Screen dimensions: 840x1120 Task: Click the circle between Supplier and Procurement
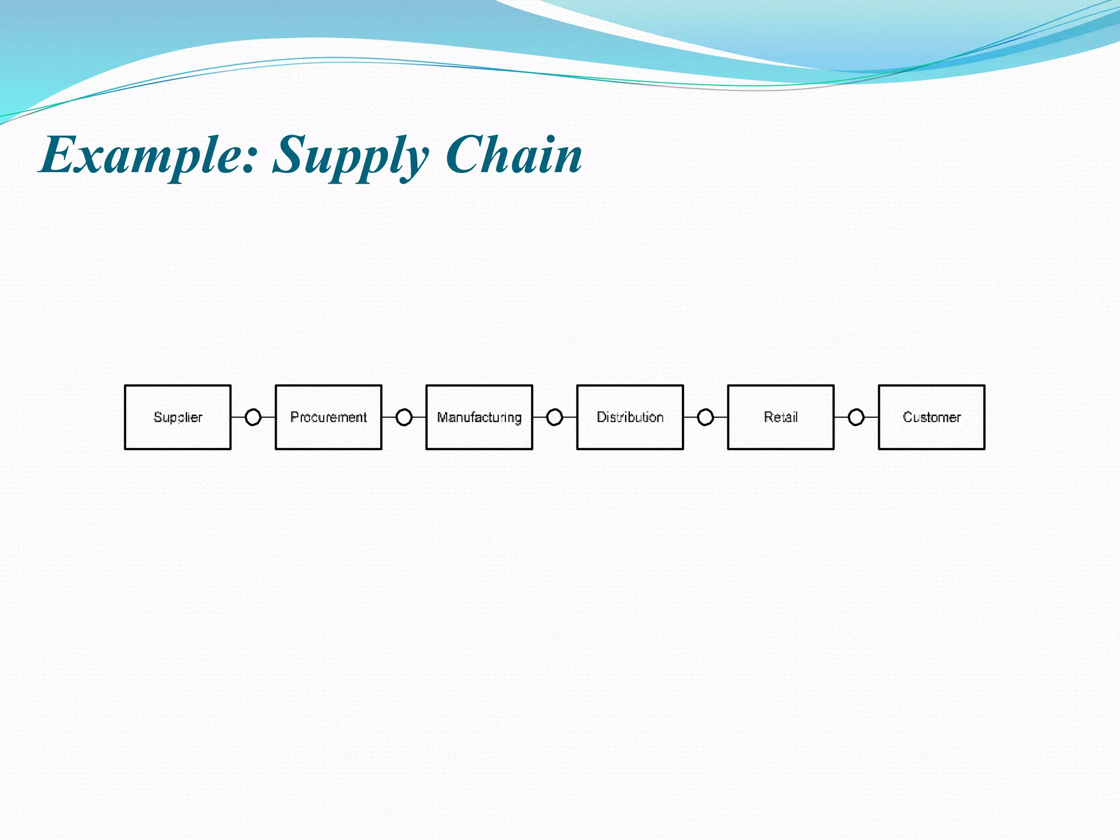click(x=253, y=417)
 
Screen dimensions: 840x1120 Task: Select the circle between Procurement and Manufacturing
click(x=404, y=417)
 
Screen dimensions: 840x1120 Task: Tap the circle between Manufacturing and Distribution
click(x=555, y=417)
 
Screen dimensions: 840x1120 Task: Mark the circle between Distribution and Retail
click(x=705, y=417)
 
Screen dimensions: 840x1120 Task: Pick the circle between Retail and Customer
click(x=856, y=417)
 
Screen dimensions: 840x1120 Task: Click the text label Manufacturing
click(x=479, y=417)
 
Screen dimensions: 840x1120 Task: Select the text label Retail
click(x=780, y=417)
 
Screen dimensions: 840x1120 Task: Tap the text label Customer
click(x=931, y=417)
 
